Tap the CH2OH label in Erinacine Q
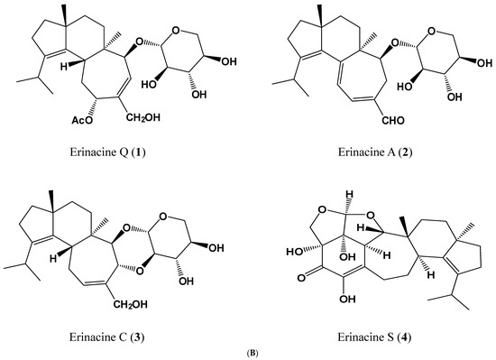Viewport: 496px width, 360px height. [x=143, y=118]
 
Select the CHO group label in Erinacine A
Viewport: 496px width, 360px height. [x=393, y=120]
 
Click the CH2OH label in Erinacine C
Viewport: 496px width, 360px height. [x=131, y=304]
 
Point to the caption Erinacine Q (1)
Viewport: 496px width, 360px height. [x=107, y=152]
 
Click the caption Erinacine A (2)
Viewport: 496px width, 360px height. [x=375, y=152]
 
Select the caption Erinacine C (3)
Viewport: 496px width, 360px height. [x=107, y=337]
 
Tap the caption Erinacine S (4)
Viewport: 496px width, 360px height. [x=374, y=337]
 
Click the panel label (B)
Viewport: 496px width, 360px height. [x=253, y=353]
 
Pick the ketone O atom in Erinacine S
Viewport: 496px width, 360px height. [x=301, y=278]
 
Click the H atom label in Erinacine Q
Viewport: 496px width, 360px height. [x=64, y=67]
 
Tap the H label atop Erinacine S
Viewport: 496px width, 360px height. [x=349, y=194]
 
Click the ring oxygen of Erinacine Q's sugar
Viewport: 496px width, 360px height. [x=176, y=31]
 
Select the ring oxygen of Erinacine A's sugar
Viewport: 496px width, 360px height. [x=431, y=32]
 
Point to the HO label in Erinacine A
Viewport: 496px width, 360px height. [x=405, y=87]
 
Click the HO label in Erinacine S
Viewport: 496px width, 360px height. [x=294, y=252]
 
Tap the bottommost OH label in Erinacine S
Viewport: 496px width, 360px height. [x=347, y=299]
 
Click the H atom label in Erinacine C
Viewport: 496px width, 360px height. [x=53, y=258]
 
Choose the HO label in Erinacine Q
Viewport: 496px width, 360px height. [x=150, y=85]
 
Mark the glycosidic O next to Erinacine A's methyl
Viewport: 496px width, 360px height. [x=394, y=42]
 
